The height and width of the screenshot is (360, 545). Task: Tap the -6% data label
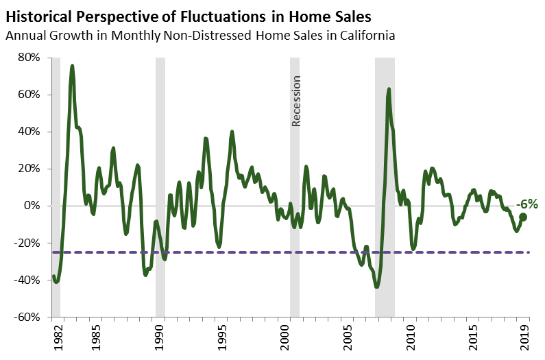[526, 204]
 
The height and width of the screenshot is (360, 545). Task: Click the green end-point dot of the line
[523, 217]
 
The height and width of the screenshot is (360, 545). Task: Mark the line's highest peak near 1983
[73, 66]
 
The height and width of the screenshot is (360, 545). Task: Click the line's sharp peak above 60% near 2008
[389, 89]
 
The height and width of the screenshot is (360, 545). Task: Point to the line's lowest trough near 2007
[377, 287]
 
